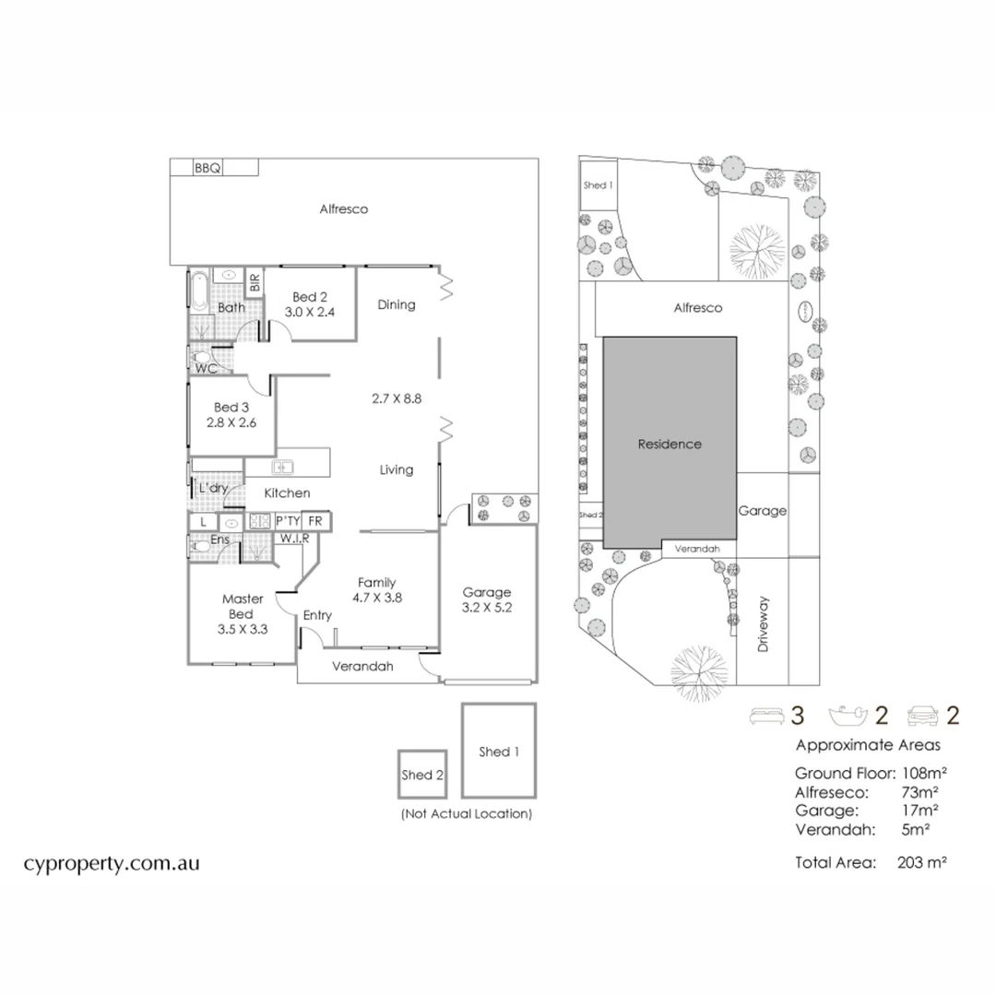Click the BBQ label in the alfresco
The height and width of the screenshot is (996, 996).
(207, 168)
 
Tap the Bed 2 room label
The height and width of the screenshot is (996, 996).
(311, 297)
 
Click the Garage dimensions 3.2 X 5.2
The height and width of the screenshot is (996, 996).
(486, 609)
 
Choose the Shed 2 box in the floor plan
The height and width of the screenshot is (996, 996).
(421, 774)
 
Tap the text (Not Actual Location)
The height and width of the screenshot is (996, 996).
(466, 814)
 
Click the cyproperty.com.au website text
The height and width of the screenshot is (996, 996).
(111, 864)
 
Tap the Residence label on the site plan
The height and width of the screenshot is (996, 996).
(670, 444)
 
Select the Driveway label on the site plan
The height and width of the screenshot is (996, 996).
(763, 625)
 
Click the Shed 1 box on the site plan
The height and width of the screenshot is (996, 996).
(597, 185)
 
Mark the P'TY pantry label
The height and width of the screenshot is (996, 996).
(288, 521)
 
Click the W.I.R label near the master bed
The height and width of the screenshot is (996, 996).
(294, 538)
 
